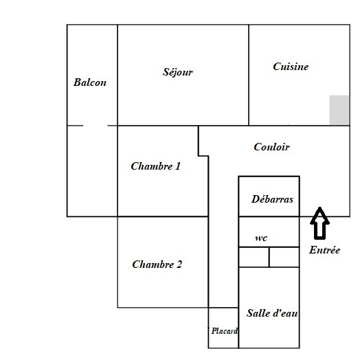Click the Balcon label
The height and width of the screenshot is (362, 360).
90,82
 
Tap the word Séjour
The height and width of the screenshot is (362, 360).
177,72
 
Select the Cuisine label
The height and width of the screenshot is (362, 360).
291,67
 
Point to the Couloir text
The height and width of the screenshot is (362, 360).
271,147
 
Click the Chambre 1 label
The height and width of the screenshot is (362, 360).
155,166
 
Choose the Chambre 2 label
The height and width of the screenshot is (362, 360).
157,264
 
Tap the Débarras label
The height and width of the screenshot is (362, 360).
272,199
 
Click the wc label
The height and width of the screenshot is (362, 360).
261,238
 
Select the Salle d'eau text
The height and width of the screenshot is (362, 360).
272,313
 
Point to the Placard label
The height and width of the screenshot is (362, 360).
225,331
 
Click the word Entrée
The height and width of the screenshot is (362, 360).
324,250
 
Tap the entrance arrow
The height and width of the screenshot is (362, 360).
320,223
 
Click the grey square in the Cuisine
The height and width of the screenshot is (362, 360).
339,110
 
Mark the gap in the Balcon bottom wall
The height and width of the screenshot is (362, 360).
95,126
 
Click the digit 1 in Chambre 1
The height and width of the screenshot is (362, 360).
177,166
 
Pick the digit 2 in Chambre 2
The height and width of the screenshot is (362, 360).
179,264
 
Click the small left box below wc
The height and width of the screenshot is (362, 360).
254,257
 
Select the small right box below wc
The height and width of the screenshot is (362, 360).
284,257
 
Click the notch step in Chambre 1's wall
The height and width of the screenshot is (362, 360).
203,156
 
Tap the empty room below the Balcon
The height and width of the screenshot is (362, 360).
92,171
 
